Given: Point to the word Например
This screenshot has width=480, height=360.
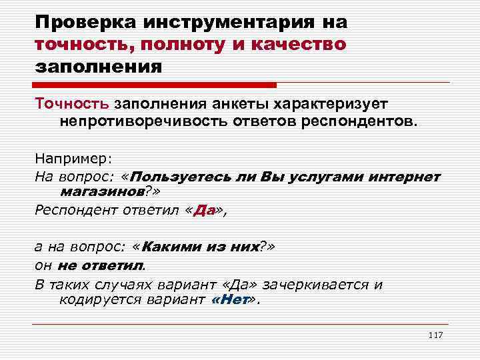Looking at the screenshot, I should tap(73, 159).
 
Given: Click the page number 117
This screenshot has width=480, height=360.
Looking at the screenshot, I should tap(435, 334).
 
